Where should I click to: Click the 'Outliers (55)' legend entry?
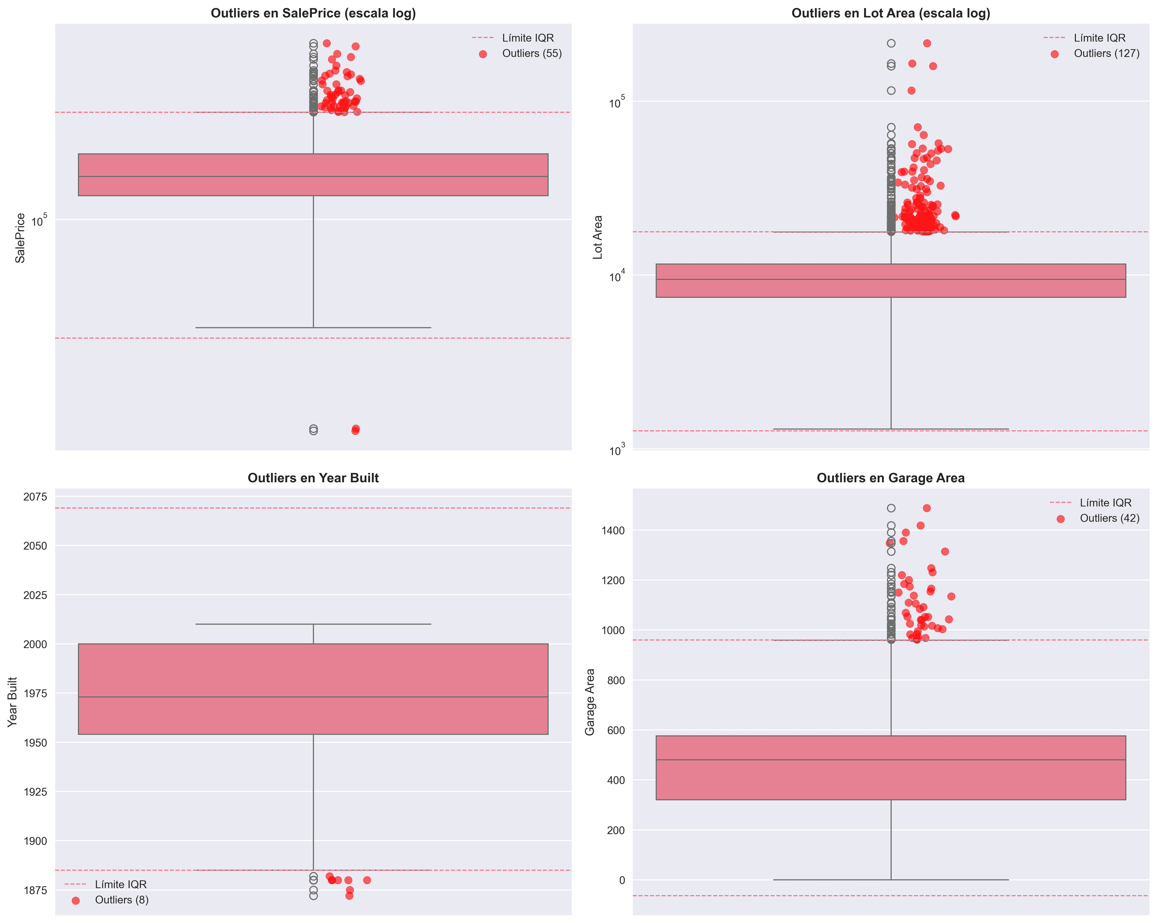coord(531,54)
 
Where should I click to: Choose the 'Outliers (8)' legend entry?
coord(121,900)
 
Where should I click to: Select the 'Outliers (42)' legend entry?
coord(1109,518)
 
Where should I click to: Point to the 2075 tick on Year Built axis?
coord(36,497)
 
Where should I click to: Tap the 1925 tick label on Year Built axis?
coord(36,792)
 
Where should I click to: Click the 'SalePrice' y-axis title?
coord(20,238)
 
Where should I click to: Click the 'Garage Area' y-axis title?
coord(590,702)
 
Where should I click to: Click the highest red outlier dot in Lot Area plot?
coord(927,43)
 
